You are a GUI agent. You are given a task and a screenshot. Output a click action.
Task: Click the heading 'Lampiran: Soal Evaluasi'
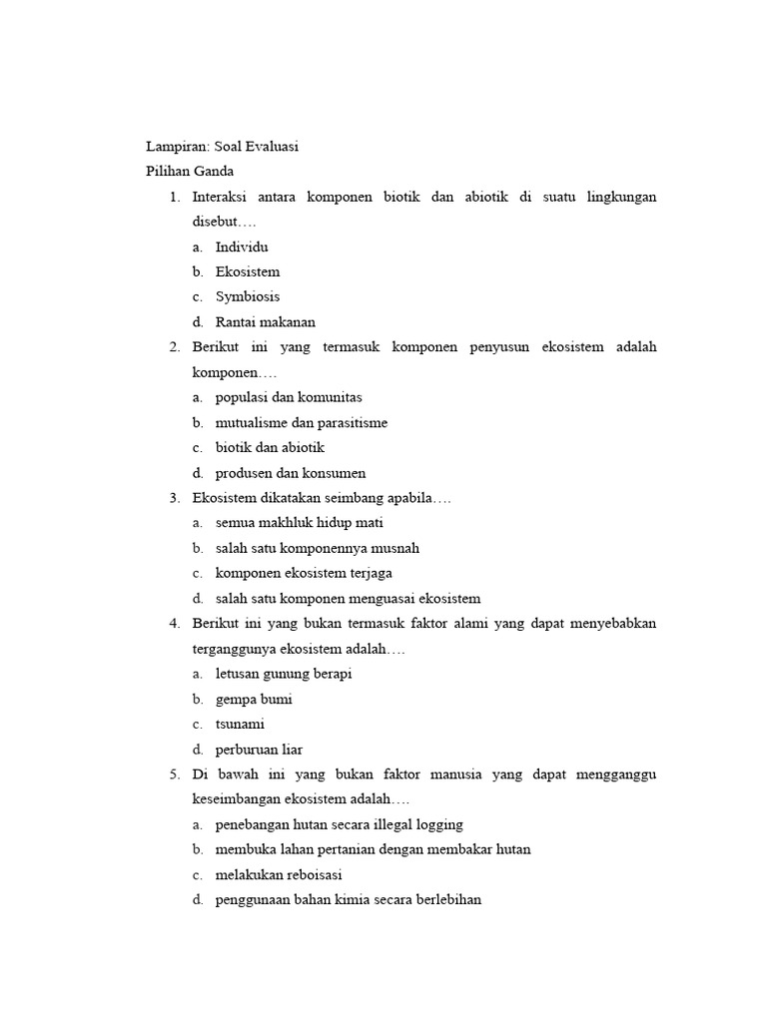point(222,147)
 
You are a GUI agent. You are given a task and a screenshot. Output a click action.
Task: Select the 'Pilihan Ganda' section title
point(190,172)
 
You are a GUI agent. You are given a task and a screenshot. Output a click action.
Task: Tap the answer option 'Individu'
point(242,247)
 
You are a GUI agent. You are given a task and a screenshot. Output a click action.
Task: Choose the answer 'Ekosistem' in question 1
point(248,271)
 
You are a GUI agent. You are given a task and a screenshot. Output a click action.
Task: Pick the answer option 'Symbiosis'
point(248,296)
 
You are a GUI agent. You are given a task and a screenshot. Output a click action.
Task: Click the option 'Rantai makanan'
point(265,321)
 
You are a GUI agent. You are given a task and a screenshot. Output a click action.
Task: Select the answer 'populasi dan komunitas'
point(288,397)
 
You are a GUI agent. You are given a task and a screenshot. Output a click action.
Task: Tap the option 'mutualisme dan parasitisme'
point(301,422)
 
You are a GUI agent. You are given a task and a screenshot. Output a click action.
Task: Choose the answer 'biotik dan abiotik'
point(270,447)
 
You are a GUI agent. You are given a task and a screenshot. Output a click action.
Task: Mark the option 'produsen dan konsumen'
point(291,473)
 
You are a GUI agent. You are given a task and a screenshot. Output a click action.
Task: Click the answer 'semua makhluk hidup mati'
point(299,522)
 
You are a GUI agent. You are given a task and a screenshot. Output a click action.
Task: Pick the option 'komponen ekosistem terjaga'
point(304,573)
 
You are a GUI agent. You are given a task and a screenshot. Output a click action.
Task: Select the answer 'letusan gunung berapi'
point(284,674)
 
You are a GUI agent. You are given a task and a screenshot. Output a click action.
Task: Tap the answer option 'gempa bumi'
point(254,699)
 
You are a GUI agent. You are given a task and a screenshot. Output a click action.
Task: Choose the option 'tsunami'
point(240,724)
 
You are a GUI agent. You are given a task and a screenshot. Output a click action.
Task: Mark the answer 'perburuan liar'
point(259,749)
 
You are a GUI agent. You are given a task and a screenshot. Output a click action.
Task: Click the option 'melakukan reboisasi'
point(279,874)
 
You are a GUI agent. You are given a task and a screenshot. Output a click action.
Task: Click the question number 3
point(174,497)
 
